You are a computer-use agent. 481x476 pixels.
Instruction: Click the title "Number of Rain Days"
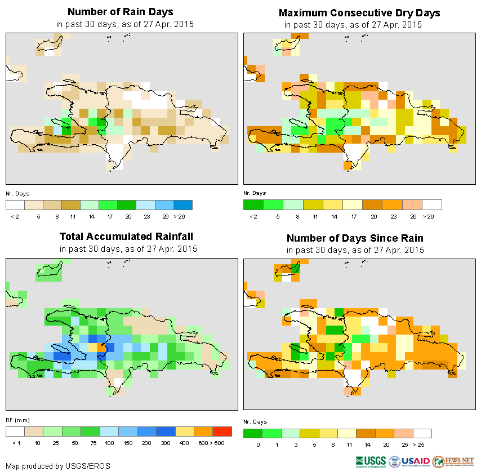point(120,12)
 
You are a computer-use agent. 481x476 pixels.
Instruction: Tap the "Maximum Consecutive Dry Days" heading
point(359,12)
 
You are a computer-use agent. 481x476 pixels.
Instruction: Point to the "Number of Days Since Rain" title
point(355,238)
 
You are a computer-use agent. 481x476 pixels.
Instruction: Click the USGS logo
point(370,461)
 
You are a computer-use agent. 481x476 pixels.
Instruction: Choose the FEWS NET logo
point(453,461)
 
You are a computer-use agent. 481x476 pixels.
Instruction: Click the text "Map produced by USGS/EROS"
point(58,466)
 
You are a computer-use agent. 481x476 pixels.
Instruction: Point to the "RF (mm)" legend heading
point(17,420)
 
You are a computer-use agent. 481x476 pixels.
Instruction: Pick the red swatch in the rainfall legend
point(222,431)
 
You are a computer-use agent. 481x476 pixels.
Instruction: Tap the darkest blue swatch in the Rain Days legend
point(183,204)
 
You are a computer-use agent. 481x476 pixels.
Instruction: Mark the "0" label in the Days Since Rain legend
point(258,445)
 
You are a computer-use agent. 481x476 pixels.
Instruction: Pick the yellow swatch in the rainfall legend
point(184,431)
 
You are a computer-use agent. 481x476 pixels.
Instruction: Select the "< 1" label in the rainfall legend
point(15,444)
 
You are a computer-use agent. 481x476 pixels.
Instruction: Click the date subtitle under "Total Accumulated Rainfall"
point(128,249)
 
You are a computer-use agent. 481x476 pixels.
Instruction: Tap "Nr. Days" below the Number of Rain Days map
point(17,193)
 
